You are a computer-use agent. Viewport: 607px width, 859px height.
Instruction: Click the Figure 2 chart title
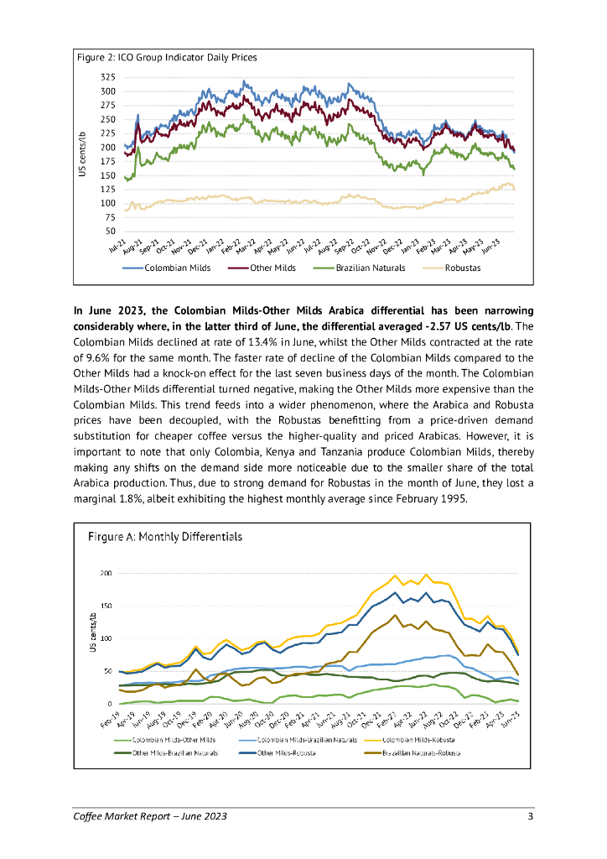click(x=166, y=58)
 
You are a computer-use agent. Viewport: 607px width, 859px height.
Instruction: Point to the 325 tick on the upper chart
click(x=108, y=78)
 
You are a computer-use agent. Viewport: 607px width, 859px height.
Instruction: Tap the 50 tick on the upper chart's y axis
click(x=111, y=231)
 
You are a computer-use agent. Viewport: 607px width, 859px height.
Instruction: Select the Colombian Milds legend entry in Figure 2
click(x=177, y=268)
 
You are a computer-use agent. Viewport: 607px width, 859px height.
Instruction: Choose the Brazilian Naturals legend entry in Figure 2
click(x=370, y=268)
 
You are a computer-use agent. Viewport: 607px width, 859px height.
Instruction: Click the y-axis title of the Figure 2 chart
click(x=82, y=154)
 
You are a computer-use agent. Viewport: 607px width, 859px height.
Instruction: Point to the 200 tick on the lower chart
click(x=106, y=574)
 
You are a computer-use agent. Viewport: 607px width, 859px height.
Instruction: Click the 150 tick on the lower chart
click(x=106, y=607)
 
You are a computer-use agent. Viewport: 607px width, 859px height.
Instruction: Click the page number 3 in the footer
click(x=530, y=817)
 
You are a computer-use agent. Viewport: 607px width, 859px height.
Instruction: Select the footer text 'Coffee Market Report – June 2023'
click(x=149, y=817)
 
